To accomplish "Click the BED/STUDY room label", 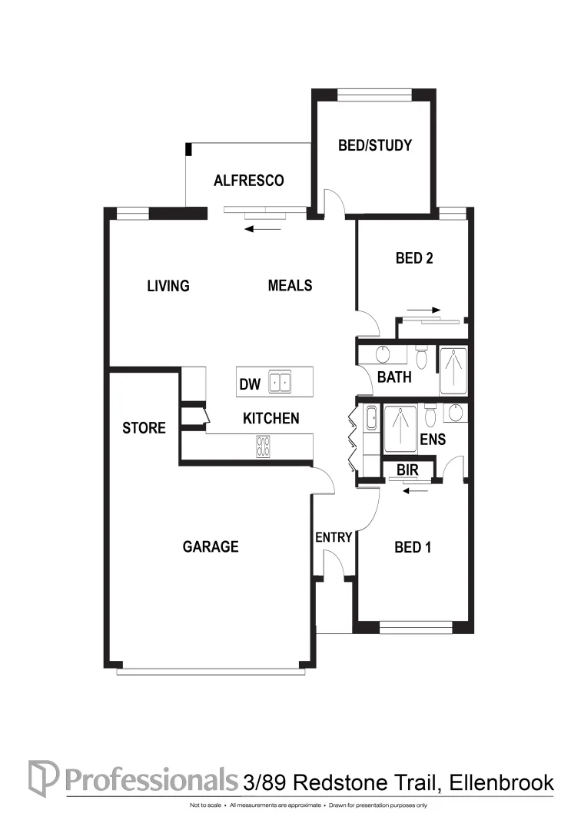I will click(375, 145).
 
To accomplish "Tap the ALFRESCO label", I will click(248, 181).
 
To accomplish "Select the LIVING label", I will click(168, 286).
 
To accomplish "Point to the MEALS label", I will click(290, 285).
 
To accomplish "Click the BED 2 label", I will click(414, 258).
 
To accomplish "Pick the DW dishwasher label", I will click(250, 384).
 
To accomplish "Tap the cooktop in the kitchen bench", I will click(264, 447).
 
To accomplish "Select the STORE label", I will click(144, 428).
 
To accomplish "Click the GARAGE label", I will click(211, 547).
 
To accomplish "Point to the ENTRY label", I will click(334, 537).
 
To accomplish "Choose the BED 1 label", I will click(413, 547).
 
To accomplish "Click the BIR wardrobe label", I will click(407, 469).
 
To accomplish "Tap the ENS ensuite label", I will click(433, 440).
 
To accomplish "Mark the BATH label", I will click(394, 377).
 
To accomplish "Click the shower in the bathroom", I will click(453, 370).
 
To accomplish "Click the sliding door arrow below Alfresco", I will click(264, 228).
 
